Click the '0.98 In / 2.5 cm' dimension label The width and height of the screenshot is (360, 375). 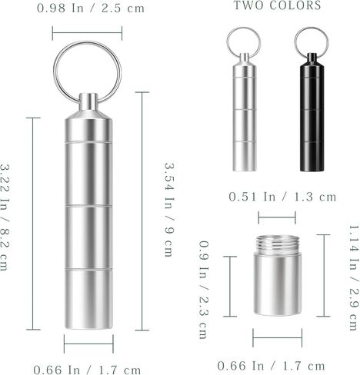pyautogui.click(x=91, y=8)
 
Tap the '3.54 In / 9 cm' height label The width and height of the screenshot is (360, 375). pyautogui.click(x=169, y=210)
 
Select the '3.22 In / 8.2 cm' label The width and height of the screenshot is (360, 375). pyautogui.click(x=5, y=217)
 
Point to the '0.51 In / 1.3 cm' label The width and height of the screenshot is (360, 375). pyautogui.click(x=282, y=197)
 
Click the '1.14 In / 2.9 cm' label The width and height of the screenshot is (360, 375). pyautogui.click(x=354, y=278)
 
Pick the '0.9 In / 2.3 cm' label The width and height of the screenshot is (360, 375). pyautogui.click(x=204, y=290)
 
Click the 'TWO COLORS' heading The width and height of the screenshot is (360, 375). pyautogui.click(x=278, y=5)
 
